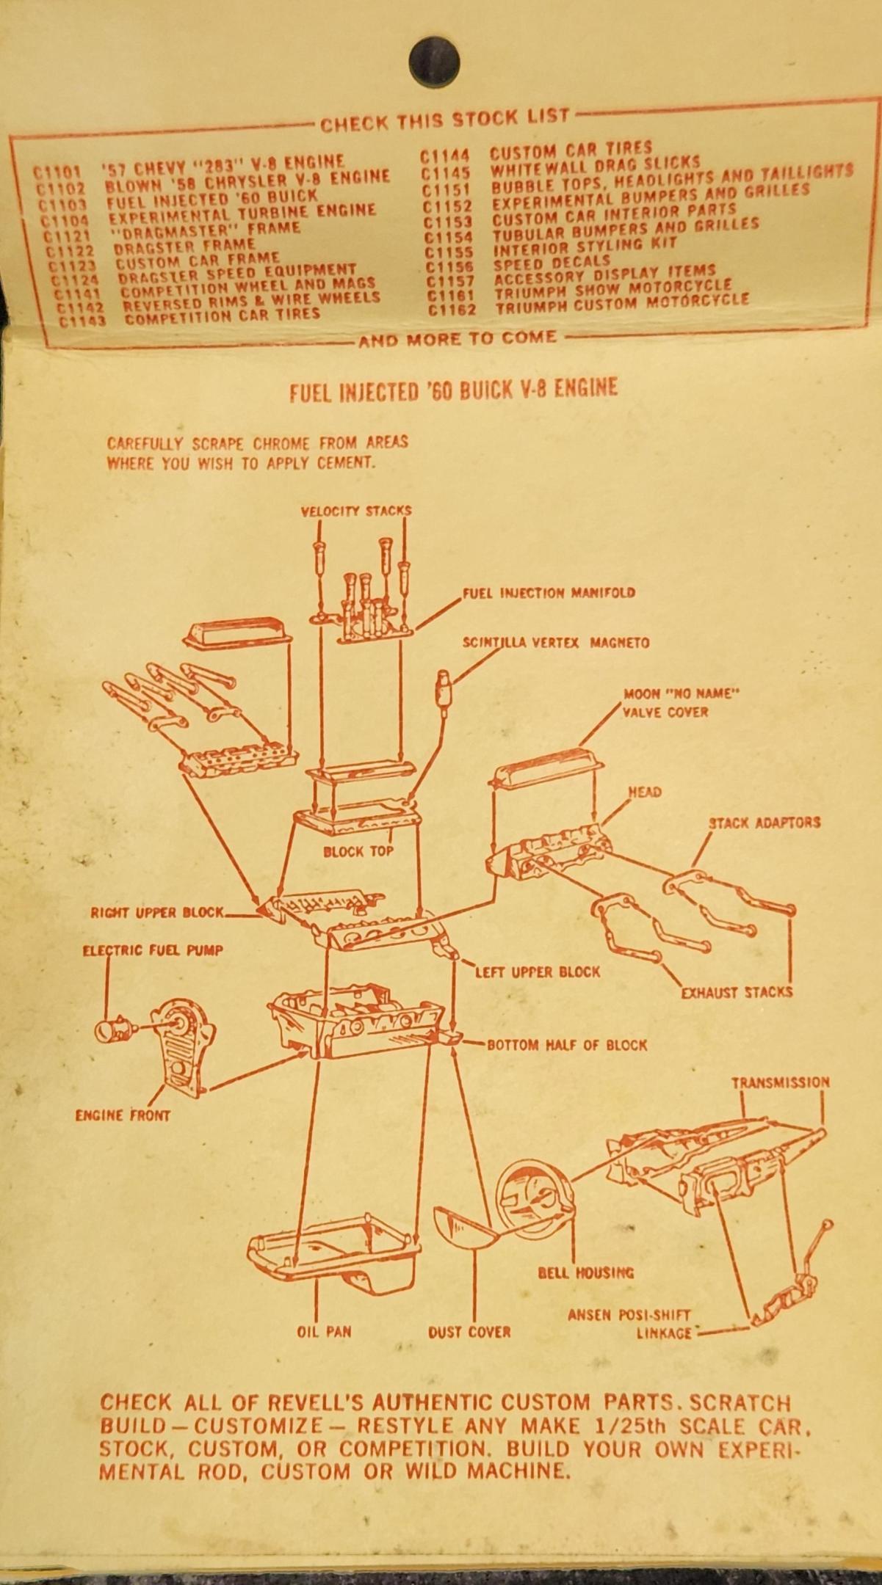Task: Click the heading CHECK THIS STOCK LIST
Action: (x=444, y=118)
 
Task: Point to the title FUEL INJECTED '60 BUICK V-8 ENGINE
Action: (x=453, y=388)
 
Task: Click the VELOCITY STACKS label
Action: (x=355, y=511)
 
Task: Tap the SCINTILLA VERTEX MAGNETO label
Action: (x=555, y=643)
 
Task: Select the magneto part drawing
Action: (x=444, y=685)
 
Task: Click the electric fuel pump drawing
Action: (x=114, y=1030)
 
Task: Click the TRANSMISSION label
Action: (x=780, y=1083)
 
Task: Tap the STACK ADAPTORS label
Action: (x=764, y=823)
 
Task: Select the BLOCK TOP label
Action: (x=358, y=852)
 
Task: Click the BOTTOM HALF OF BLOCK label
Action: (x=567, y=1045)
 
